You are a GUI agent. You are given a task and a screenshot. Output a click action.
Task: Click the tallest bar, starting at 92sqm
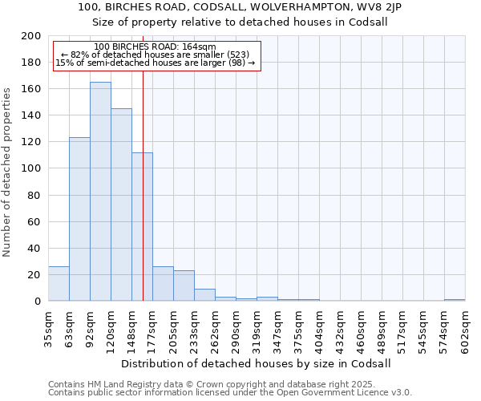click(x=100, y=192)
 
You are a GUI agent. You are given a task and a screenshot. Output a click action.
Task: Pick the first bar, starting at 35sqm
click(x=59, y=284)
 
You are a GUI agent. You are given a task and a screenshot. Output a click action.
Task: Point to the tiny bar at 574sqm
click(x=455, y=300)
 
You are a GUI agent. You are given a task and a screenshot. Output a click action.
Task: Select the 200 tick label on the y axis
click(x=31, y=36)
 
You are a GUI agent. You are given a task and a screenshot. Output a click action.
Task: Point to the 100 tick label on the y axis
click(x=31, y=168)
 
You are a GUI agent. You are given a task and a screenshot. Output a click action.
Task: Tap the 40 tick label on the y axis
click(x=34, y=249)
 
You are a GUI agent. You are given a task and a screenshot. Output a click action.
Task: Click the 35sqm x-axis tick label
click(x=49, y=326)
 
